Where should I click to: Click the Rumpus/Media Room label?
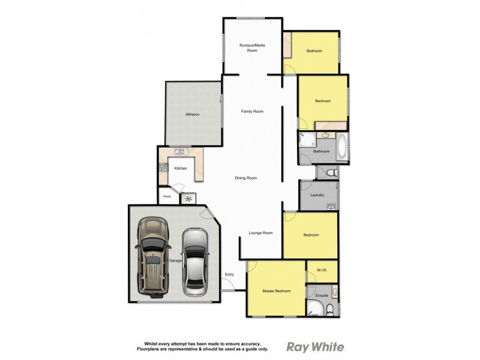(x=252, y=48)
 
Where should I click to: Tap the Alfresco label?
(x=192, y=114)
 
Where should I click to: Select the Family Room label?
(x=252, y=112)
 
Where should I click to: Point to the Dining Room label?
(x=246, y=178)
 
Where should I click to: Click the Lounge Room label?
(x=261, y=233)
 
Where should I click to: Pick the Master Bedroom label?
(x=277, y=291)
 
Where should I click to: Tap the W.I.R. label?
(x=322, y=271)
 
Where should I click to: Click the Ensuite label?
(x=322, y=295)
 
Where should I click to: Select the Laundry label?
(x=317, y=195)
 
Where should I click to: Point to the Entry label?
(x=229, y=275)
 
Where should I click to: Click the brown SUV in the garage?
(x=153, y=257)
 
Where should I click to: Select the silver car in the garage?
(x=194, y=262)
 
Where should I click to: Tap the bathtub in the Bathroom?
(x=343, y=148)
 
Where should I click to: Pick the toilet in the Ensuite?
(x=329, y=309)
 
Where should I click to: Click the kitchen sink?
(x=179, y=152)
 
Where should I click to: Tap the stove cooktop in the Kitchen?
(x=162, y=170)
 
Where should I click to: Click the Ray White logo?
(x=315, y=346)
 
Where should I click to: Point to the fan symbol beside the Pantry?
(x=189, y=198)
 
